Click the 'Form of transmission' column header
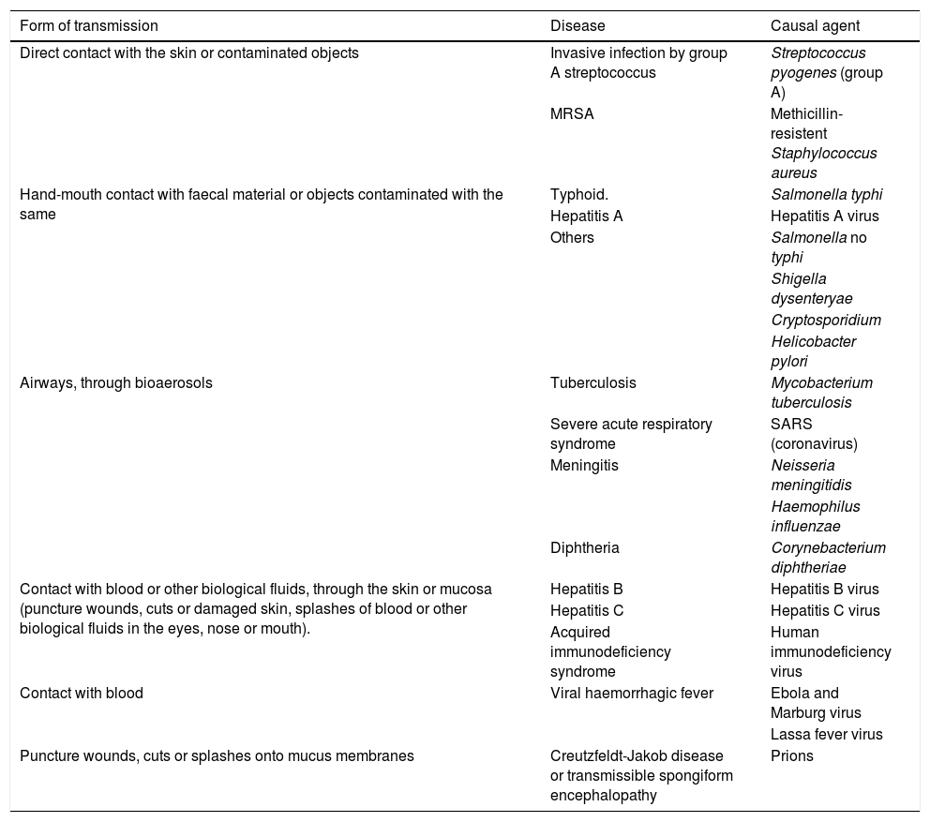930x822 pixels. click(89, 25)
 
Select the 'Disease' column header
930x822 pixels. click(577, 25)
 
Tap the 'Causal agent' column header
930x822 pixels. click(815, 25)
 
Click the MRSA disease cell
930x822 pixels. click(572, 113)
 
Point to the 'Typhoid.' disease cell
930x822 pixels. click(579, 195)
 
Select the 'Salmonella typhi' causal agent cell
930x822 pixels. click(826, 195)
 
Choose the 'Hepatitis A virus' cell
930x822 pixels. click(824, 216)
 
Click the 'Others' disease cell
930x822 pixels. click(572, 237)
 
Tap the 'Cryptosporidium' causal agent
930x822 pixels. click(826, 320)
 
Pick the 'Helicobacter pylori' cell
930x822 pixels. click(813, 351)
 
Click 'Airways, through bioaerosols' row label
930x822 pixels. click(116, 382)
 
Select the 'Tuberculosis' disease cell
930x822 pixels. click(592, 382)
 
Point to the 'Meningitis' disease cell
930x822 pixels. click(584, 465)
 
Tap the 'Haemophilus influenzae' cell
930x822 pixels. click(815, 516)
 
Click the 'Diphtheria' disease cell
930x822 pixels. click(584, 547)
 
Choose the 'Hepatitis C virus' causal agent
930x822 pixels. click(825, 610)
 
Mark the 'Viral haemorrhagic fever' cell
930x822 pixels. click(632, 693)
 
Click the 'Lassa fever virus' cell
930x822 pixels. click(826, 734)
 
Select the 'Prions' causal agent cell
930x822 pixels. click(792, 755)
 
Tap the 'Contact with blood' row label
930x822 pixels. click(82, 693)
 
